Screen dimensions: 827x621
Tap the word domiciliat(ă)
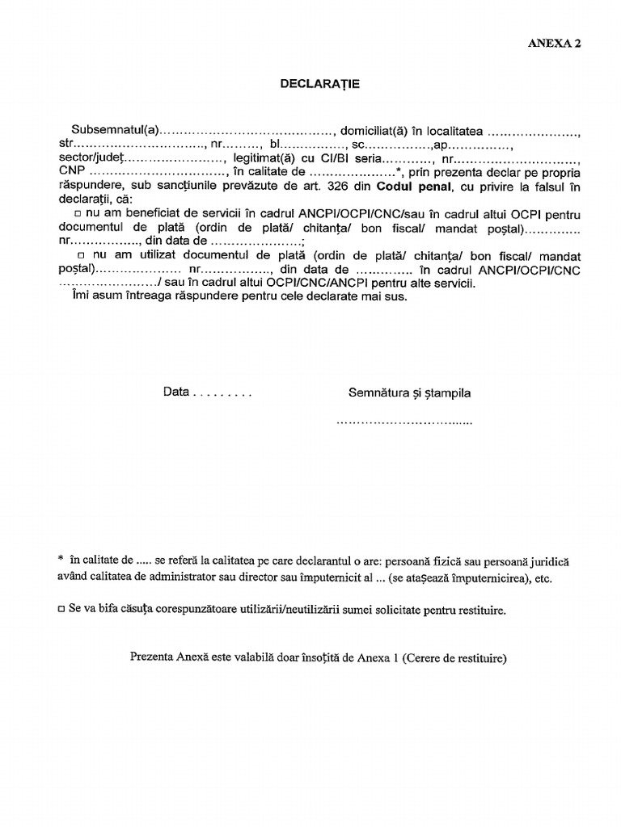[x=374, y=131]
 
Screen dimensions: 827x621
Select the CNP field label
[x=71, y=173]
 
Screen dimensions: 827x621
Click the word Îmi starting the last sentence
[x=72, y=296]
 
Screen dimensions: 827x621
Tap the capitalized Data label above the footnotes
[x=175, y=393]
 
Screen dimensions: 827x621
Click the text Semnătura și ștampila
[x=409, y=393]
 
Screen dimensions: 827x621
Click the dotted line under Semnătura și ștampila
[x=403, y=422]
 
